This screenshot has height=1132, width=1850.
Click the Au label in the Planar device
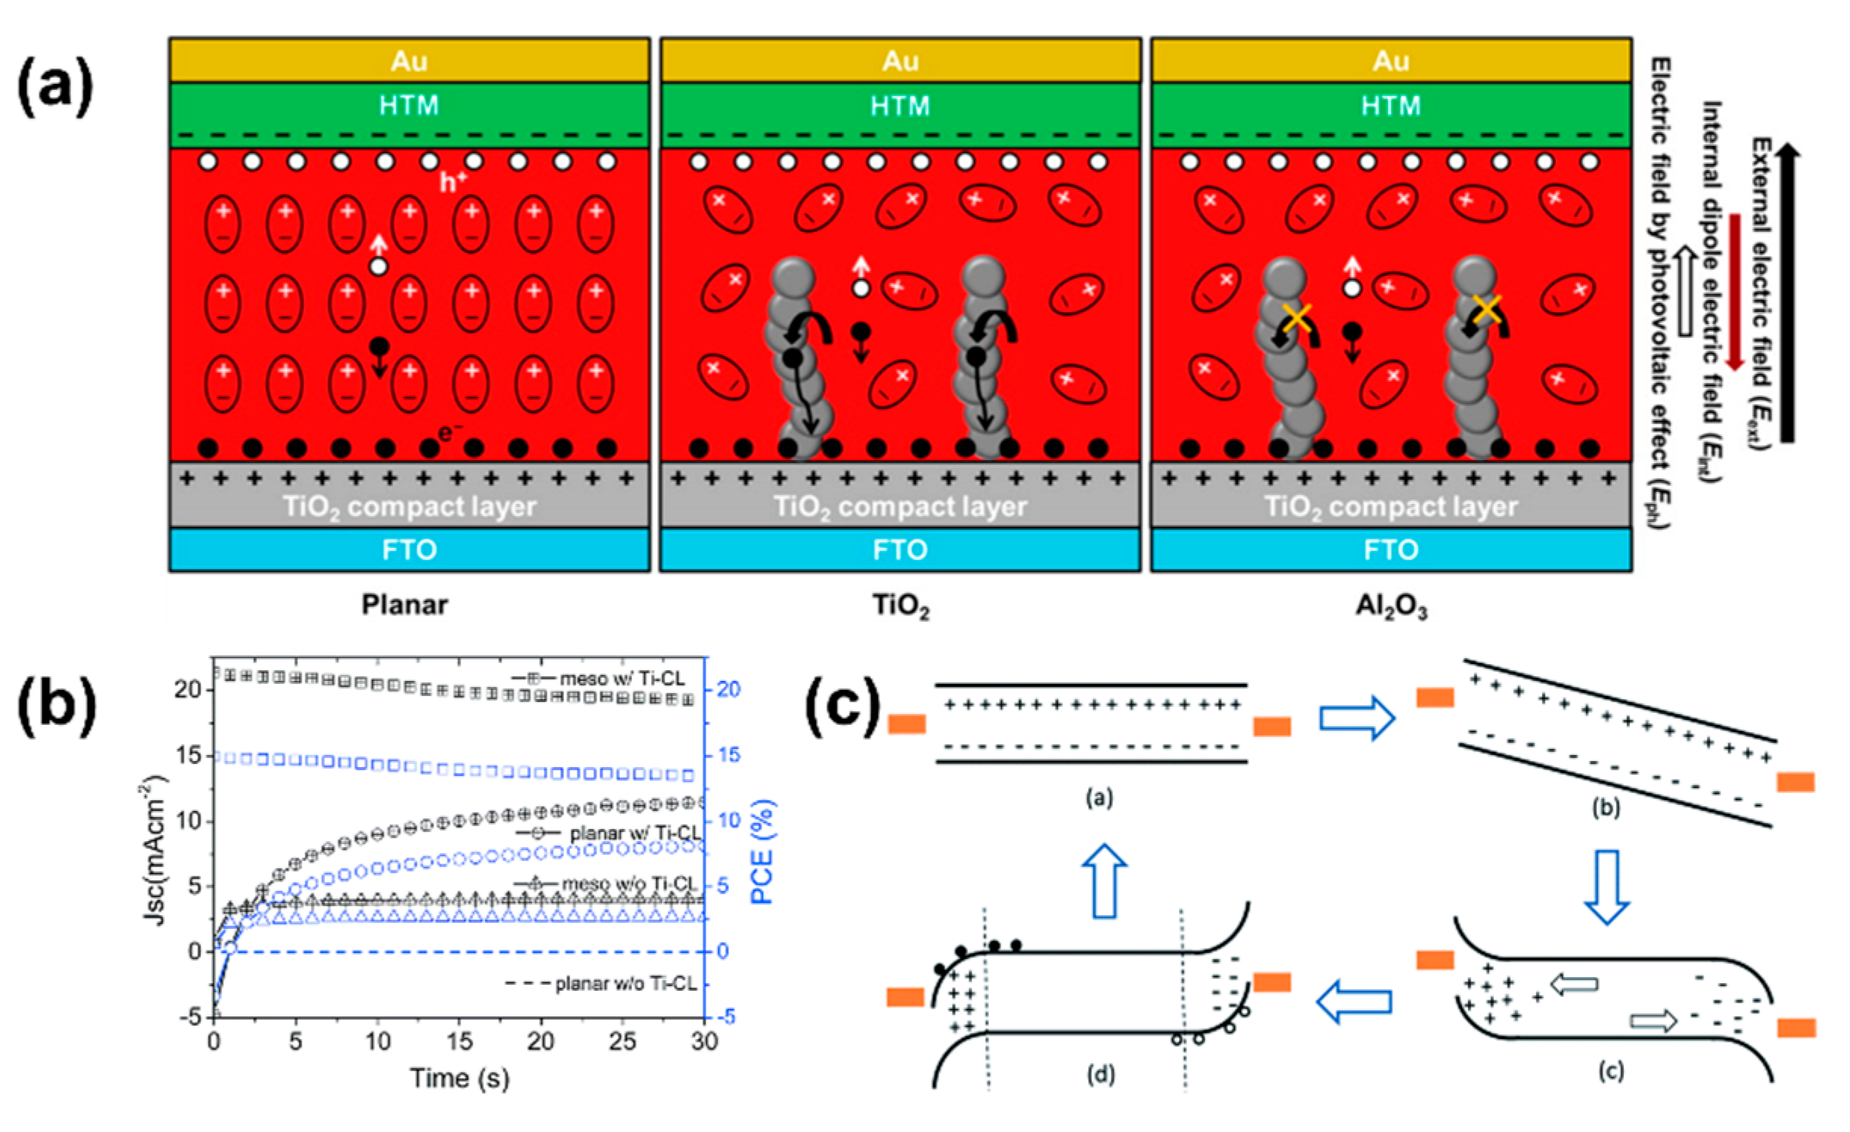[409, 60]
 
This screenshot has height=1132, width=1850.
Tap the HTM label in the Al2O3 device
[1390, 105]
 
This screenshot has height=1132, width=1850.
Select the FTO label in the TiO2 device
[900, 549]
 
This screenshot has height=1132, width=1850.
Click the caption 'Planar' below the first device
[404, 605]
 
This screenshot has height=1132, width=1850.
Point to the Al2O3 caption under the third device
[1391, 606]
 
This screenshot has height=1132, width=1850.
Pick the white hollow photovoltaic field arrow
[1685, 291]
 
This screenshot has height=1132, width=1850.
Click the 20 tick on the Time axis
[541, 1041]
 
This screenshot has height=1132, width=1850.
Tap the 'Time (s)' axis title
[460, 1078]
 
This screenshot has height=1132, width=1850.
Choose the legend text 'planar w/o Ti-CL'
[626, 983]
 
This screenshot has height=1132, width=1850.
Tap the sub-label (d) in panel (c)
[1100, 1074]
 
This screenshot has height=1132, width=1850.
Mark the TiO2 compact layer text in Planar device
[409, 506]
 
